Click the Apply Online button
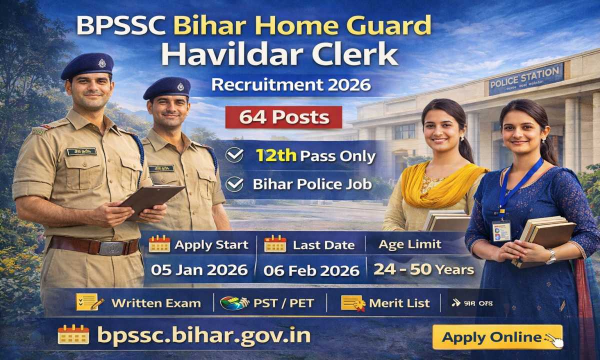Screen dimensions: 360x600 pyautogui.click(x=497, y=337)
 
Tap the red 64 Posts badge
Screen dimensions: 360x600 pyautogui.click(x=284, y=117)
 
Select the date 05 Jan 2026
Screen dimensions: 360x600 pyautogui.click(x=199, y=270)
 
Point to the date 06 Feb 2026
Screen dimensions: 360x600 pyautogui.click(x=311, y=270)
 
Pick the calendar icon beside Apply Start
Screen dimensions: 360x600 pyautogui.click(x=159, y=244)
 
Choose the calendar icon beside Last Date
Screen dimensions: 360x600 pyautogui.click(x=275, y=244)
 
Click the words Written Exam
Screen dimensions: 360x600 pyautogui.click(x=156, y=303)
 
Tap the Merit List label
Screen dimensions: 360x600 pyautogui.click(x=399, y=303)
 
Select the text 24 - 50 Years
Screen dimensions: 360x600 pyautogui.click(x=423, y=270)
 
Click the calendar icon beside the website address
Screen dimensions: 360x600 pyautogui.click(x=73, y=334)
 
